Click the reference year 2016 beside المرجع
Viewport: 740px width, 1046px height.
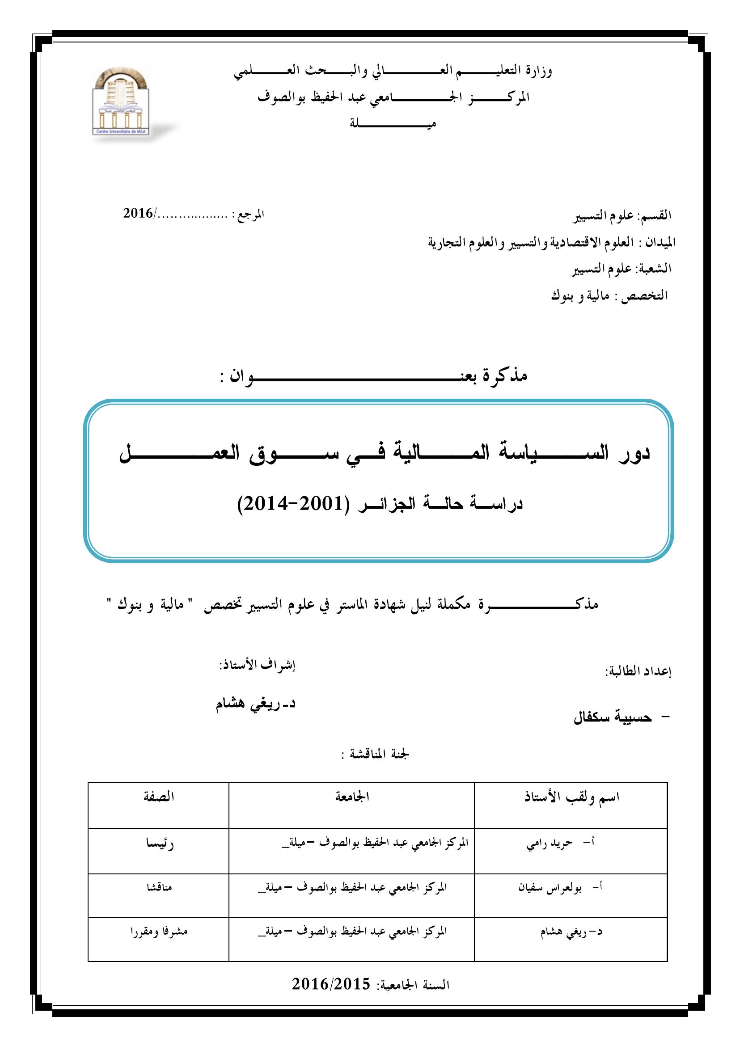click(138, 213)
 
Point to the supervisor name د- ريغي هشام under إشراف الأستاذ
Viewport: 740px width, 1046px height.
click(256, 704)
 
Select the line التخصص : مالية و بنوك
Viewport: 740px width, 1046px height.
click(609, 295)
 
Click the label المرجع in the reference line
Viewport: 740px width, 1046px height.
click(252, 214)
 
